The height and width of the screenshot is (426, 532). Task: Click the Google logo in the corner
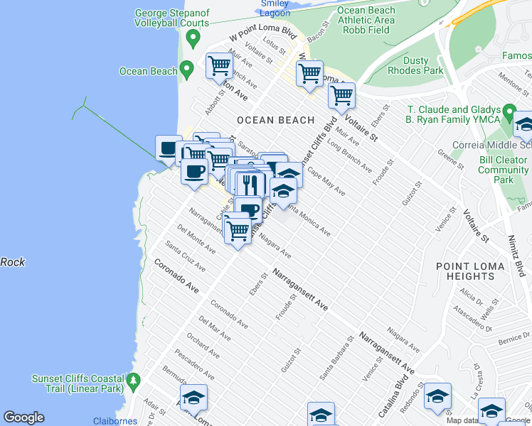[x=23, y=417]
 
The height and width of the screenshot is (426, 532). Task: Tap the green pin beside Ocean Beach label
[x=187, y=70]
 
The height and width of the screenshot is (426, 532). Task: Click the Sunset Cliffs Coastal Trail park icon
[x=133, y=383]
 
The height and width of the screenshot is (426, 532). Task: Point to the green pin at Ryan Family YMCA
[x=509, y=113]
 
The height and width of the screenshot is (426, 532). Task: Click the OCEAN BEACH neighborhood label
[x=275, y=120]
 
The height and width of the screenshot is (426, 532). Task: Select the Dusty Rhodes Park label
[x=414, y=65]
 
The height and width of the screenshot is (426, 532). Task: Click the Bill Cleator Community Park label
[x=503, y=170]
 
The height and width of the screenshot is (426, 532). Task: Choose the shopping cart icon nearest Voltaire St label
[x=342, y=94]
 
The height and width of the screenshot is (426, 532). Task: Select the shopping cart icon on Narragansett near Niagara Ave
[x=237, y=229]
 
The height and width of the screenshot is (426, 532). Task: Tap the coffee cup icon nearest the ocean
[x=169, y=148]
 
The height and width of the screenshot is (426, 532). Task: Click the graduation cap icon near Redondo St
[x=437, y=395]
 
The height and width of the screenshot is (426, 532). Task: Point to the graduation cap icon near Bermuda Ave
[x=193, y=398]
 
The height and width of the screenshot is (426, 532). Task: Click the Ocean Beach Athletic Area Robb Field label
[x=366, y=21]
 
